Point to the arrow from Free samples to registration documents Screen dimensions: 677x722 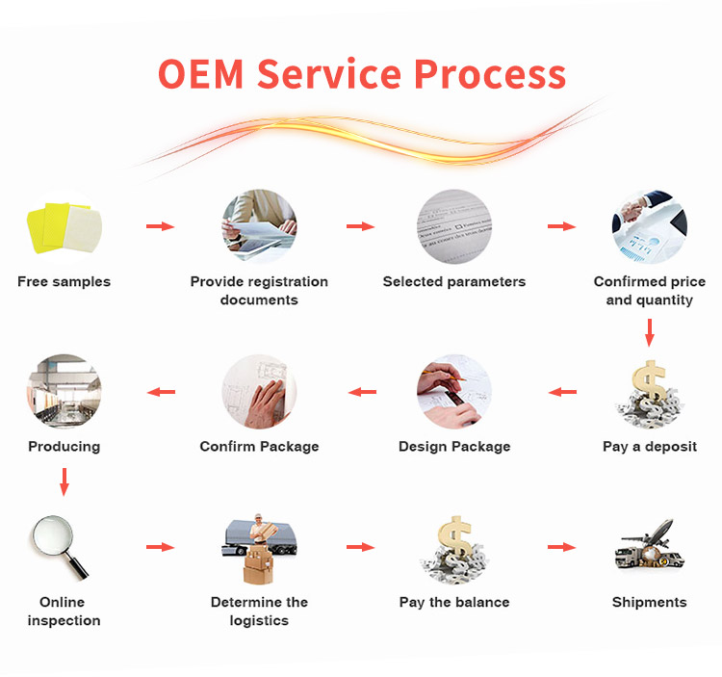tap(160, 226)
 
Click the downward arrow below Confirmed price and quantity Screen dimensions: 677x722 tap(649, 333)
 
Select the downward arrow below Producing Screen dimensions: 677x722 tap(64, 482)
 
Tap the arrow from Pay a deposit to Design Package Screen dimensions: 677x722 tap(562, 392)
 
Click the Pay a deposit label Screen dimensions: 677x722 tap(649, 446)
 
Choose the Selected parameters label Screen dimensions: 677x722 tap(454, 281)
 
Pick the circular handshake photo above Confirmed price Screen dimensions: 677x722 tap(649, 227)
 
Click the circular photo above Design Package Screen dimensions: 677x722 tap(454, 392)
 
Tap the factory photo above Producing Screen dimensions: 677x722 tap(64, 392)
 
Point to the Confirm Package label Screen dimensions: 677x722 tap(259, 446)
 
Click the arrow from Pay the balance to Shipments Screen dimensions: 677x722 tap(562, 547)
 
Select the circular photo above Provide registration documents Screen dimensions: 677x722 tap(259, 227)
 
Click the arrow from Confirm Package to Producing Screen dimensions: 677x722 tap(160, 392)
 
